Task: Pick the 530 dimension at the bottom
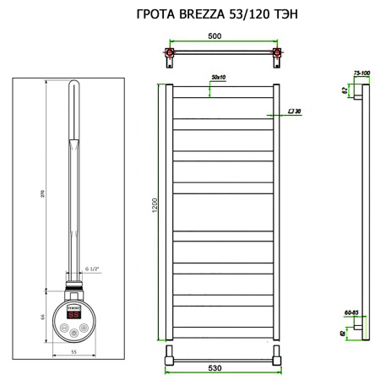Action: click(x=224, y=369)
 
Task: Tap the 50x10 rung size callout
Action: click(x=219, y=78)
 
